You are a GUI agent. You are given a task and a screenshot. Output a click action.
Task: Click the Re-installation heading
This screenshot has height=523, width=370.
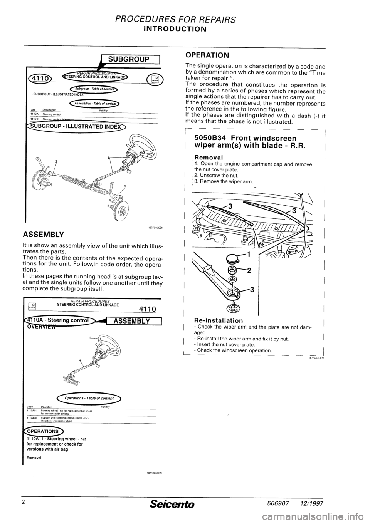(x=219, y=320)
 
